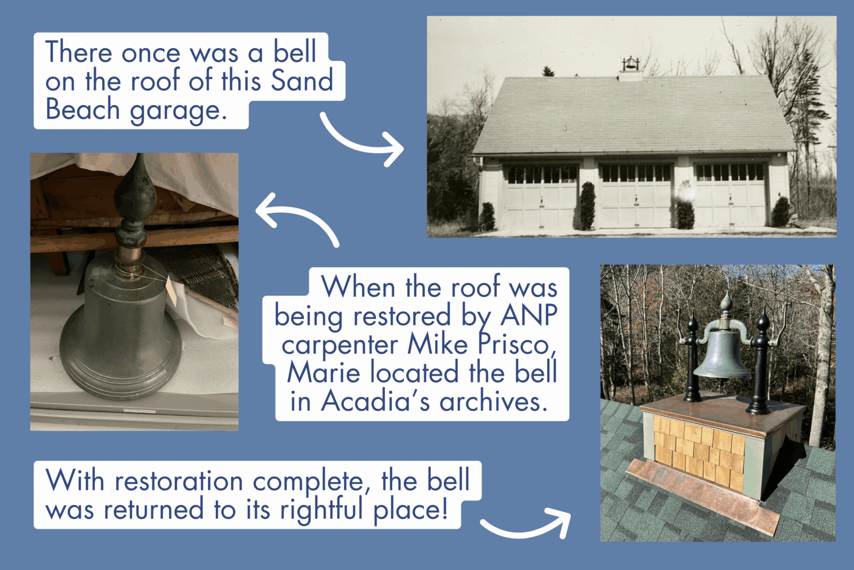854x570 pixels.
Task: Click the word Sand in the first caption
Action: pyautogui.click(x=302, y=80)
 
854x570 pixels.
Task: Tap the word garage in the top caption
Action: pyautogui.click(x=178, y=111)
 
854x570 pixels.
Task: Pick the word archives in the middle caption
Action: pyautogui.click(x=494, y=401)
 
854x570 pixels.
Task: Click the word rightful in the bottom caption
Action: pyautogui.click(x=321, y=510)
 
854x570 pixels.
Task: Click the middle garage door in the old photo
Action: pyautogui.click(x=635, y=194)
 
